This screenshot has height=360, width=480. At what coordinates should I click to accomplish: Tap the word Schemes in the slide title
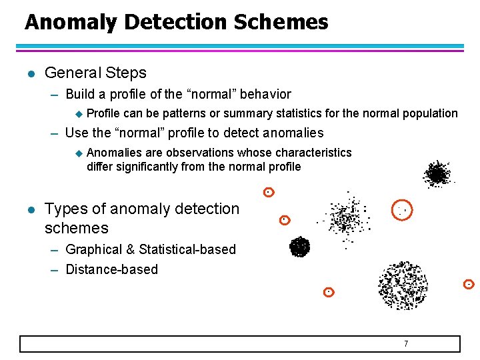pos(281,23)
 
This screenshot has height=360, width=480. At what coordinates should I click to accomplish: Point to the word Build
pos(80,95)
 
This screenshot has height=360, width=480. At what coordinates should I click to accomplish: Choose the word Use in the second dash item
pos(77,133)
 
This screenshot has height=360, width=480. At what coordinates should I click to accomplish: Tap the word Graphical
pos(94,249)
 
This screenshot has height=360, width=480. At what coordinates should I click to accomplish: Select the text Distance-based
pos(112,269)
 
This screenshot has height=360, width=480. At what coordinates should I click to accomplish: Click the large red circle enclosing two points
pos(402,210)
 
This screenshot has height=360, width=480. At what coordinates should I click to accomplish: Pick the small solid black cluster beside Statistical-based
pos(299,247)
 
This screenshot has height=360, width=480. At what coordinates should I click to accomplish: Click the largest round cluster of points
pos(403,285)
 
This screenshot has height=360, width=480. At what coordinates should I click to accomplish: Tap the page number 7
pos(405,343)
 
